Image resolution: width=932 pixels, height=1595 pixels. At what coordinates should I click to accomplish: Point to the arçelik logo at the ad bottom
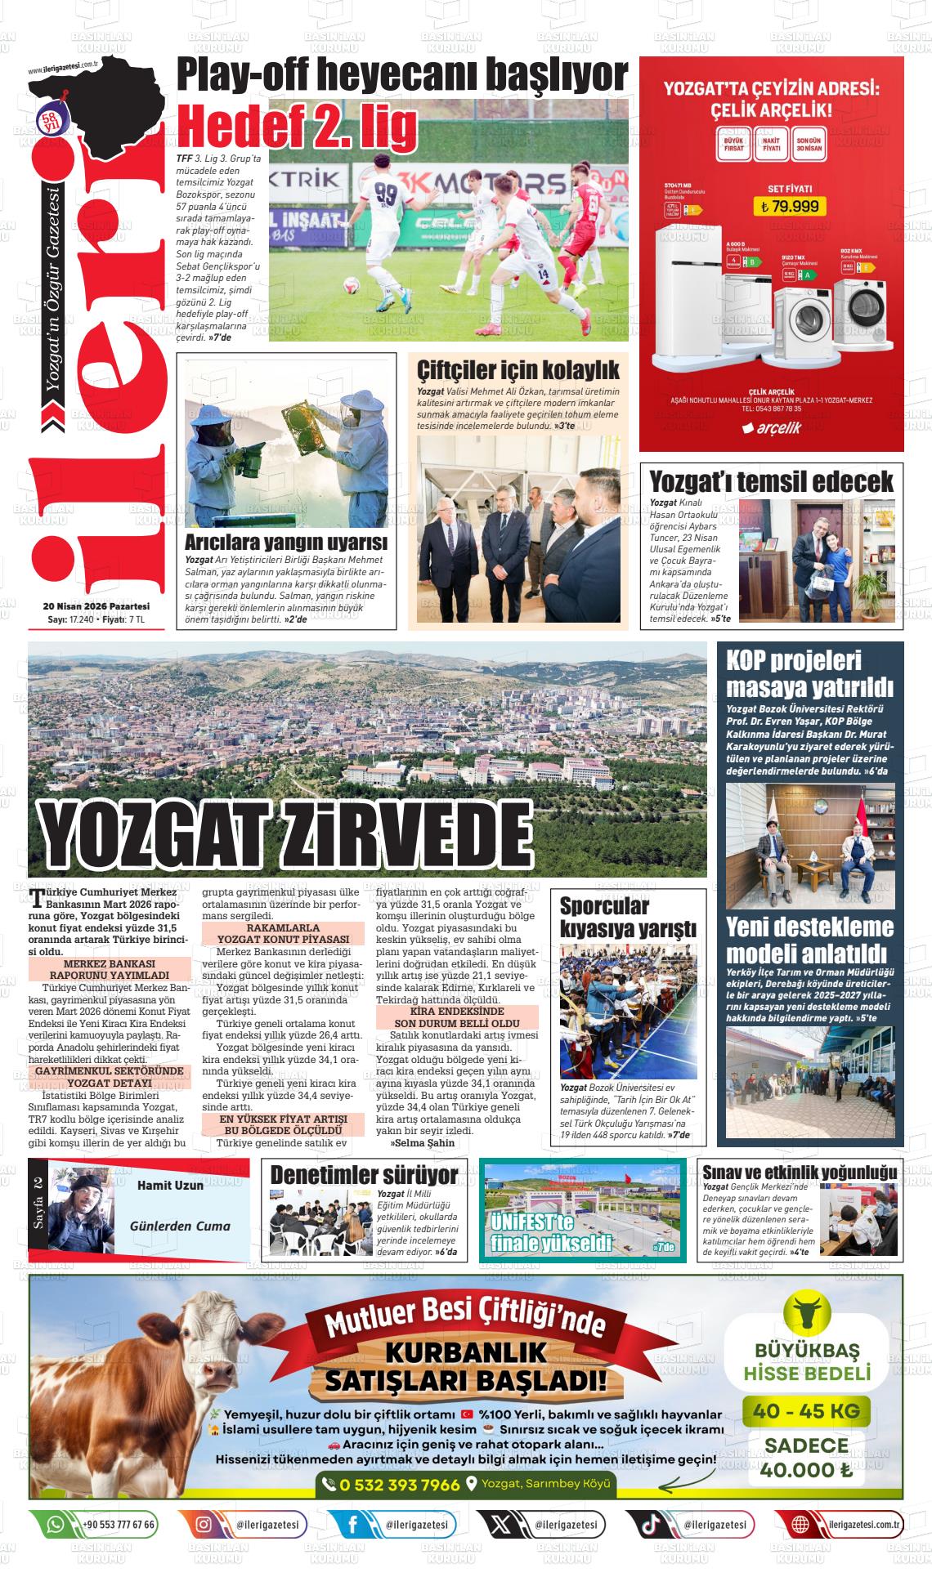point(771,427)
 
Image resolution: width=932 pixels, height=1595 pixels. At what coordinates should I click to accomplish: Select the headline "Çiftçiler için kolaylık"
point(518,369)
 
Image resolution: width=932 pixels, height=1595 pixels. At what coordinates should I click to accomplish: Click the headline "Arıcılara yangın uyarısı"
point(285,543)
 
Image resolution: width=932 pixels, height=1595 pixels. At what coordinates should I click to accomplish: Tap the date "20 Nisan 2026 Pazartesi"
point(96,606)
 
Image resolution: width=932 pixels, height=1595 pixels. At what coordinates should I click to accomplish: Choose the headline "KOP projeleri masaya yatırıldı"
point(809,672)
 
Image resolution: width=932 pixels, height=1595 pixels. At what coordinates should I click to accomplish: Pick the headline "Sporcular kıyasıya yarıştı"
point(628,917)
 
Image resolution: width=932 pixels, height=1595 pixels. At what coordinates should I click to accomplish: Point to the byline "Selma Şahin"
point(423,1142)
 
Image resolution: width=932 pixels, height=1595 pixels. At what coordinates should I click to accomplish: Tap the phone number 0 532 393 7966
point(399,1485)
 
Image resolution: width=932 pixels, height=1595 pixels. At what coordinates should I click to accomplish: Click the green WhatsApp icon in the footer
point(56,1525)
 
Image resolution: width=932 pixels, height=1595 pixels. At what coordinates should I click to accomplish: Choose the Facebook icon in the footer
point(353,1525)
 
